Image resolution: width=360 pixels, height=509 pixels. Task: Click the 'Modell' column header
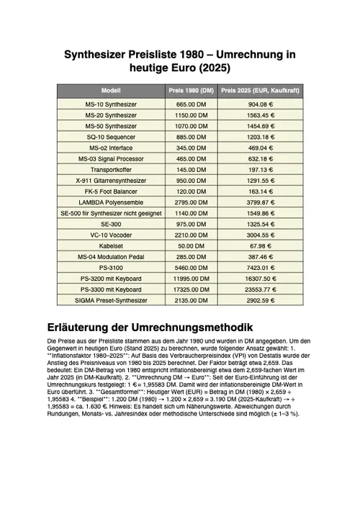[111, 91]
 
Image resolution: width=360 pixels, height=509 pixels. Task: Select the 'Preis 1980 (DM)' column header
[192, 91]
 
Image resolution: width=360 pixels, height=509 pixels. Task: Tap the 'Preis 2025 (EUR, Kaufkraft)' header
[261, 91]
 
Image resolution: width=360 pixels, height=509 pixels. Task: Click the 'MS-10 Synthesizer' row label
[111, 104]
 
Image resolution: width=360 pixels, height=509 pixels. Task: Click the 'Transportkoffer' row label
[111, 169]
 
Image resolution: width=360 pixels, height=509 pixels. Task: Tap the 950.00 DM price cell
[192, 180]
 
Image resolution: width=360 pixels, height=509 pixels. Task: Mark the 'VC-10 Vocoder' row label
[111, 235]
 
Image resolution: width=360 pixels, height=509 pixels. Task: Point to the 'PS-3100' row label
[111, 267]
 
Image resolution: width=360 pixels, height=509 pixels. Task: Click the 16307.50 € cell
[261, 278]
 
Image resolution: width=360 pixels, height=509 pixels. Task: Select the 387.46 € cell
[261, 256]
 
